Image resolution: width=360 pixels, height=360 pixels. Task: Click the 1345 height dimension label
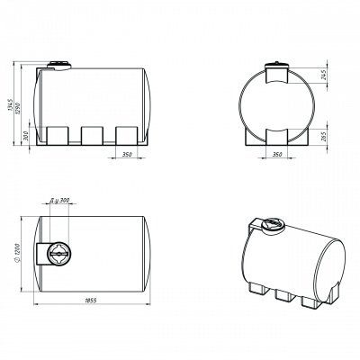[11, 106]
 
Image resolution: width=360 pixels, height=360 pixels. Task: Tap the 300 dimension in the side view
[26, 136]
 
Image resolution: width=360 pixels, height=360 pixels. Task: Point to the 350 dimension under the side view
[127, 155]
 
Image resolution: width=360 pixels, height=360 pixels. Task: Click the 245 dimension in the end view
[323, 76]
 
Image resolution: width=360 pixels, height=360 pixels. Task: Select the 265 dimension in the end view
[323, 136]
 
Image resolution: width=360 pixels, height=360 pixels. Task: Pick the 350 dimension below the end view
[277, 155]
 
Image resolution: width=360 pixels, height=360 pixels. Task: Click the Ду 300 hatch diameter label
[59, 201]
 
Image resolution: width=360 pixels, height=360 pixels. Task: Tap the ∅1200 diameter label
[17, 254]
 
